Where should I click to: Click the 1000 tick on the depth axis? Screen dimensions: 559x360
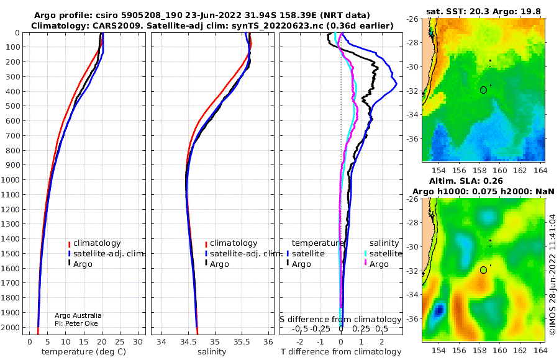[x=11, y=179]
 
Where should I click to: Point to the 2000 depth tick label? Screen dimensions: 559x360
[x=11, y=327]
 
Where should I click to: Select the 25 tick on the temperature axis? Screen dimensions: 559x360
[x=120, y=342]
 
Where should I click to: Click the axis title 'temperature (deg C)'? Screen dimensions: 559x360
[x=84, y=352]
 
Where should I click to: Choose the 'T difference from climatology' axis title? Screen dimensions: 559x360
[x=341, y=352]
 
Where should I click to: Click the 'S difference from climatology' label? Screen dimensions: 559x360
[x=340, y=320]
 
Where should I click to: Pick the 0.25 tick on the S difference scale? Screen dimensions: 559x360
[x=361, y=328]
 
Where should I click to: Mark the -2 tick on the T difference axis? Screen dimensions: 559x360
[x=300, y=342]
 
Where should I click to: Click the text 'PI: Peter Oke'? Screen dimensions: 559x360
[x=76, y=323]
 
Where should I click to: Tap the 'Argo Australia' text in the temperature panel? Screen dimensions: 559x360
[x=78, y=315]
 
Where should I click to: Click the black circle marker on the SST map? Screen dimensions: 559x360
[x=483, y=90]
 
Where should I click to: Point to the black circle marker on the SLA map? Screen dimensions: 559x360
[x=483, y=270]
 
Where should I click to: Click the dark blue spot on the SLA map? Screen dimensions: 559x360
[x=439, y=310]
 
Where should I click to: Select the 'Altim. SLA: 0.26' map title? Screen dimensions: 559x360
[x=466, y=181]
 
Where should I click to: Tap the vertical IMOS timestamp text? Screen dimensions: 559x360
[x=553, y=274]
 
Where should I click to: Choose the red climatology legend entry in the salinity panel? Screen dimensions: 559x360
[x=231, y=243]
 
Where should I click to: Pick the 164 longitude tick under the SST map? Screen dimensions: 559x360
[x=540, y=171]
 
